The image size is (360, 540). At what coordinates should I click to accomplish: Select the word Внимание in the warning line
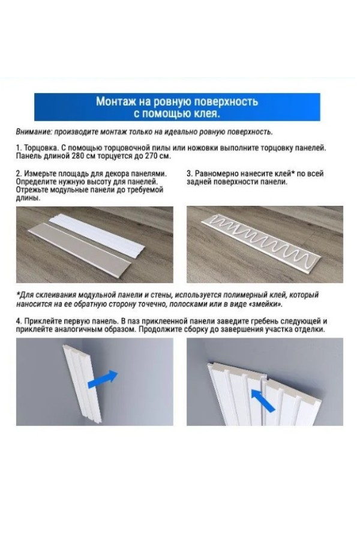pos(33,131)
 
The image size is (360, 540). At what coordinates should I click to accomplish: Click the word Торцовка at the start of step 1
pos(41,148)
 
